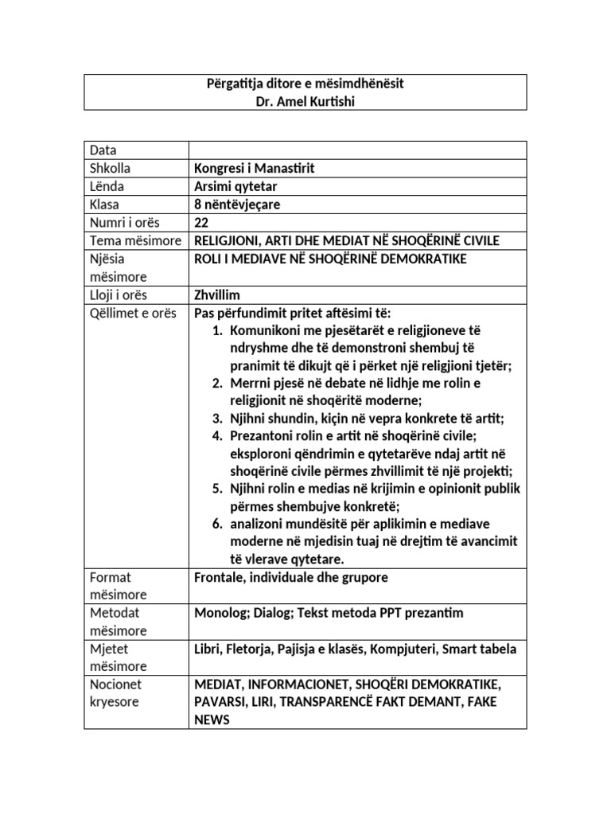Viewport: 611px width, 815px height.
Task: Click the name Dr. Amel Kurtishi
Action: (x=305, y=100)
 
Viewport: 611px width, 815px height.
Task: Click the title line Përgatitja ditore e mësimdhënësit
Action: (x=305, y=84)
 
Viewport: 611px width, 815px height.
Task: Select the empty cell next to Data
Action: (x=356, y=150)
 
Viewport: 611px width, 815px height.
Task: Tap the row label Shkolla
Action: (x=111, y=168)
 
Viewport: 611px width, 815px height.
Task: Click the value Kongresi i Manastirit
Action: (x=249, y=168)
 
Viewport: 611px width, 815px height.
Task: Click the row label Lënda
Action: (x=107, y=186)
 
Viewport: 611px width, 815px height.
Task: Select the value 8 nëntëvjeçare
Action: (x=237, y=205)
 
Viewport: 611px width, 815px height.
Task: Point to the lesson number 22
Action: (x=201, y=223)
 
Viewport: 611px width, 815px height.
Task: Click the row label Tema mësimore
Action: (x=136, y=241)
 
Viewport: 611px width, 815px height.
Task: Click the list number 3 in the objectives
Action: (x=216, y=419)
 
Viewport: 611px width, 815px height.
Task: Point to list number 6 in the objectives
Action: (x=216, y=524)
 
